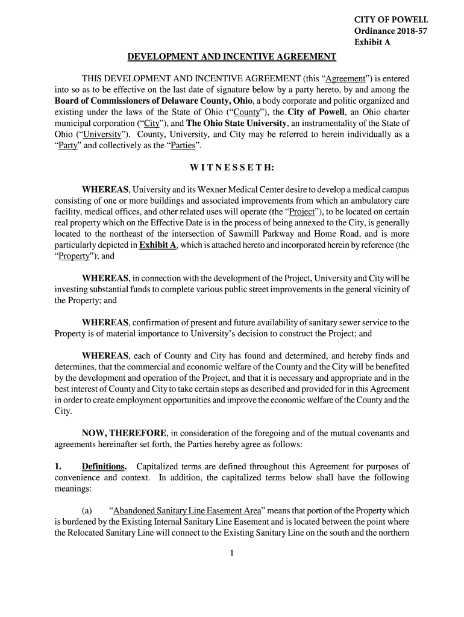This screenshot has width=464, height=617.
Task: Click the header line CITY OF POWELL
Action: (x=390, y=20)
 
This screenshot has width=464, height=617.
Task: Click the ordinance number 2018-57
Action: (x=410, y=31)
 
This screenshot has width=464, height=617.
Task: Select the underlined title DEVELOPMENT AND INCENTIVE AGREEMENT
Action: (x=232, y=57)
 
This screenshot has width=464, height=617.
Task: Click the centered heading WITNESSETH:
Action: (x=232, y=168)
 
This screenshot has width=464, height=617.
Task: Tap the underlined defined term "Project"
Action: (x=306, y=213)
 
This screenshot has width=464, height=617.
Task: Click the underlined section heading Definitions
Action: (x=104, y=466)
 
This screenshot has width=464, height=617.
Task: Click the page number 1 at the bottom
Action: (x=232, y=555)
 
